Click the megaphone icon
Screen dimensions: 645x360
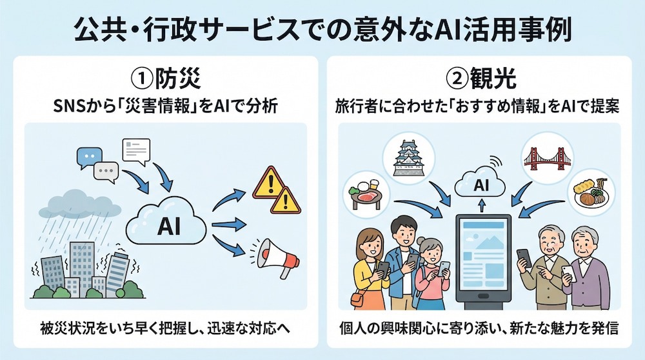click(274, 257)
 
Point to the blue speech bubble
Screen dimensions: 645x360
click(89, 157)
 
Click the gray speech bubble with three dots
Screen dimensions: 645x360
click(106, 172)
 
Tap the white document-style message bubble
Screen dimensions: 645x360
click(136, 151)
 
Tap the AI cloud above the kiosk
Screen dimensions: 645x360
click(480, 183)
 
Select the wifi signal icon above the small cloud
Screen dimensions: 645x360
click(495, 161)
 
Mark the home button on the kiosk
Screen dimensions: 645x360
click(483, 296)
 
